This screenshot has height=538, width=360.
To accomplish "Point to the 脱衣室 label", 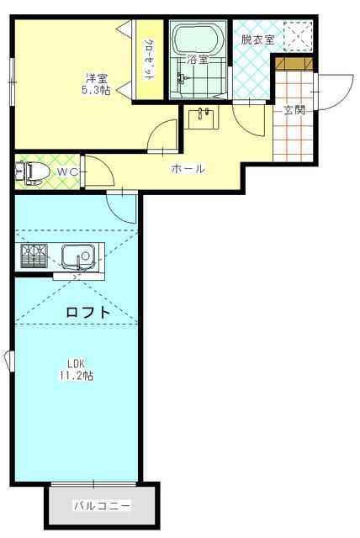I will [x=257, y=40].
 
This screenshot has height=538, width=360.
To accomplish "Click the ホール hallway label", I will [x=188, y=169].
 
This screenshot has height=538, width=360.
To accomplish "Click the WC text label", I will [x=66, y=172].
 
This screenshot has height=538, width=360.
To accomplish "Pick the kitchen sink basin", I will [x=78, y=253].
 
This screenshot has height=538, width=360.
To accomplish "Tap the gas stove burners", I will [x=33, y=255].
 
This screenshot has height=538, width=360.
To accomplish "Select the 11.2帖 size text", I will [x=77, y=376].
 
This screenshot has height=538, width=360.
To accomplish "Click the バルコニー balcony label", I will [x=101, y=506].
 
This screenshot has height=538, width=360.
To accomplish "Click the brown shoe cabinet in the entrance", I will [x=293, y=65].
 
